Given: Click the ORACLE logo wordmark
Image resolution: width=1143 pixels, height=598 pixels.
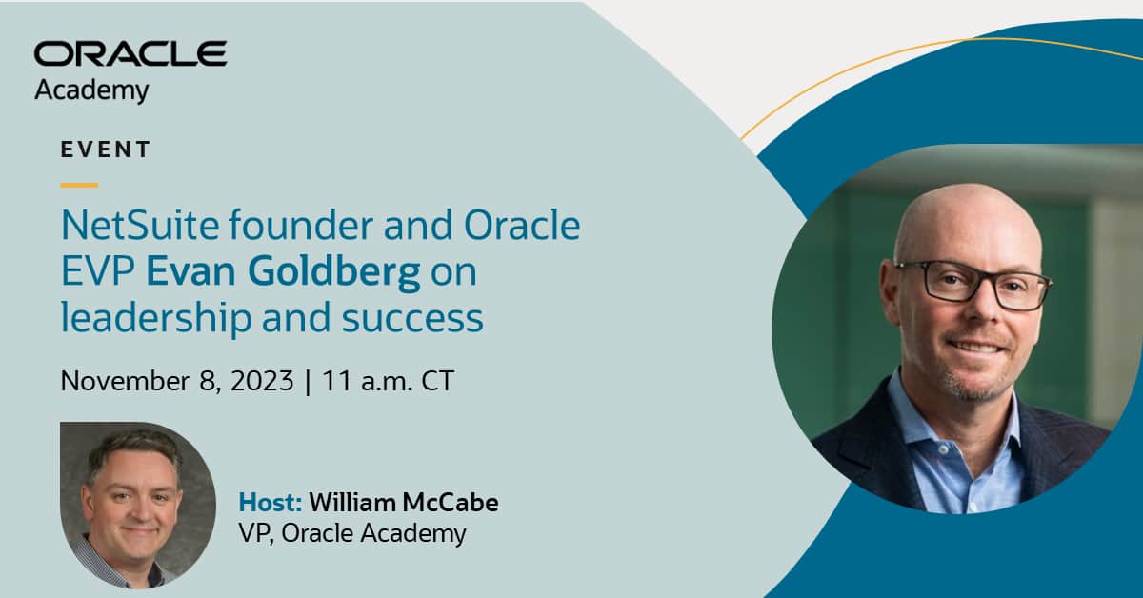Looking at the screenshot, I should click(x=130, y=54).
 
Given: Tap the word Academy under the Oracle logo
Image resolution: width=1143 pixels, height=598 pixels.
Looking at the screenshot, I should click(x=91, y=91).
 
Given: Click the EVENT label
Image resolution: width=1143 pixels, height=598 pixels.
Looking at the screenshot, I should click(x=106, y=149).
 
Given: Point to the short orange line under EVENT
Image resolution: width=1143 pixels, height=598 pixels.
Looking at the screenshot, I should click(x=79, y=185).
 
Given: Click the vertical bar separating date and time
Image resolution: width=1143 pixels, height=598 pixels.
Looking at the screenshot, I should click(x=307, y=381).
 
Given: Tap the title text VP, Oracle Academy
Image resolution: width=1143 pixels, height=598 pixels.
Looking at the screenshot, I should click(x=352, y=532).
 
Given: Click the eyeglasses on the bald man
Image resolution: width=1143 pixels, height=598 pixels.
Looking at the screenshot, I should click(x=972, y=284).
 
